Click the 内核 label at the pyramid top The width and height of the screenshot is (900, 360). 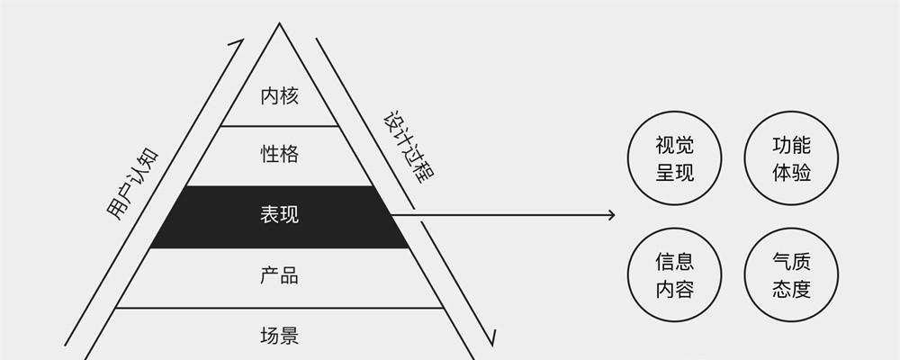[280, 96]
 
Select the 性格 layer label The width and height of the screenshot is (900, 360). [280, 155]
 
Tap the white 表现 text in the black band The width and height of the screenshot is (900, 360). [280, 215]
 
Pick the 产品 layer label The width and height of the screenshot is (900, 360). [280, 275]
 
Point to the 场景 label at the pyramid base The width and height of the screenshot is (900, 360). [280, 335]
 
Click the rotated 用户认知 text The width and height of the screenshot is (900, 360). [132, 184]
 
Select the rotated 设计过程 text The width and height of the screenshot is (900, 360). [408, 147]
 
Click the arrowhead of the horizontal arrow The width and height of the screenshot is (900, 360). [612, 215]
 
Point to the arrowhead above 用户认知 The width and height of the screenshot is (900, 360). [238, 43]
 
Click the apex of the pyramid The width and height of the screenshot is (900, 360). [280, 23]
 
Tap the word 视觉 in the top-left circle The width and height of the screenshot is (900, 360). [674, 145]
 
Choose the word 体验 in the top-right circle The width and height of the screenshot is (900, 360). [791, 172]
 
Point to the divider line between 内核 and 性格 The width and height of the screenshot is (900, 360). [280, 126]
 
